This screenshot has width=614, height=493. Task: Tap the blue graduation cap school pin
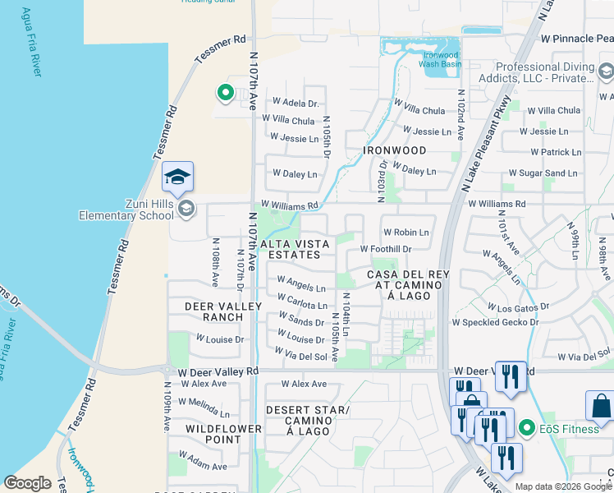[178, 177]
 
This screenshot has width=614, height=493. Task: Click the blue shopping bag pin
[601, 406]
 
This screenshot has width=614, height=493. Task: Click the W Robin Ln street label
[406, 233]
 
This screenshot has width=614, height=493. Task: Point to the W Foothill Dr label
[385, 249]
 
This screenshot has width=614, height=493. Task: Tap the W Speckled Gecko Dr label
[495, 323]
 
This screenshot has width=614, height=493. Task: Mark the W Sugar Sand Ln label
[543, 173]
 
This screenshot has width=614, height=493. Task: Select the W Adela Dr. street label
[289, 104]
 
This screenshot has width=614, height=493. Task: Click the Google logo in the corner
[27, 483]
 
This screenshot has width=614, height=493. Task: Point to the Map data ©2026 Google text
[563, 486]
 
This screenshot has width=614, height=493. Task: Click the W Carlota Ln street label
[302, 302]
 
